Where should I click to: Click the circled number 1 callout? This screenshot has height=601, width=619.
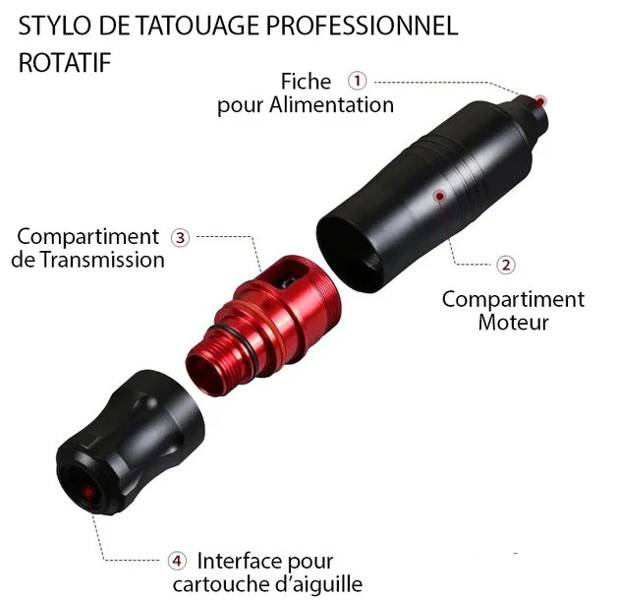click(x=358, y=81)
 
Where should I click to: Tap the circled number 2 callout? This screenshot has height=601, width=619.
click(x=506, y=265)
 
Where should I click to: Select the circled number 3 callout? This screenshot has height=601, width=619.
click(x=181, y=238)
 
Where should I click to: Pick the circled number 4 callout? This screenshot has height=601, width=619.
click(x=177, y=561)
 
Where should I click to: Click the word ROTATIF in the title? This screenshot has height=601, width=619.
click(x=65, y=63)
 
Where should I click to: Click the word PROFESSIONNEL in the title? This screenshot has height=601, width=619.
click(x=362, y=27)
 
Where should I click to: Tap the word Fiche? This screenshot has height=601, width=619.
click(x=306, y=82)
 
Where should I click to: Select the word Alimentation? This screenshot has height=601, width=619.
click(x=332, y=105)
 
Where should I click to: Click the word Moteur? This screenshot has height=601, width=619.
click(x=513, y=323)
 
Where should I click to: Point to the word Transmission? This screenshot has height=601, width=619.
click(x=102, y=260)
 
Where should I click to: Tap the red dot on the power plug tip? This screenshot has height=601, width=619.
click(x=540, y=102)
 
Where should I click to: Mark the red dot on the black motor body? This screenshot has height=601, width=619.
click(x=440, y=196)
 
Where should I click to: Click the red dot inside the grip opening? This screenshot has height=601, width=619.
click(x=88, y=493)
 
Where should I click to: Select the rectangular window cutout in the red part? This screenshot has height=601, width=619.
click(x=292, y=275)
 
